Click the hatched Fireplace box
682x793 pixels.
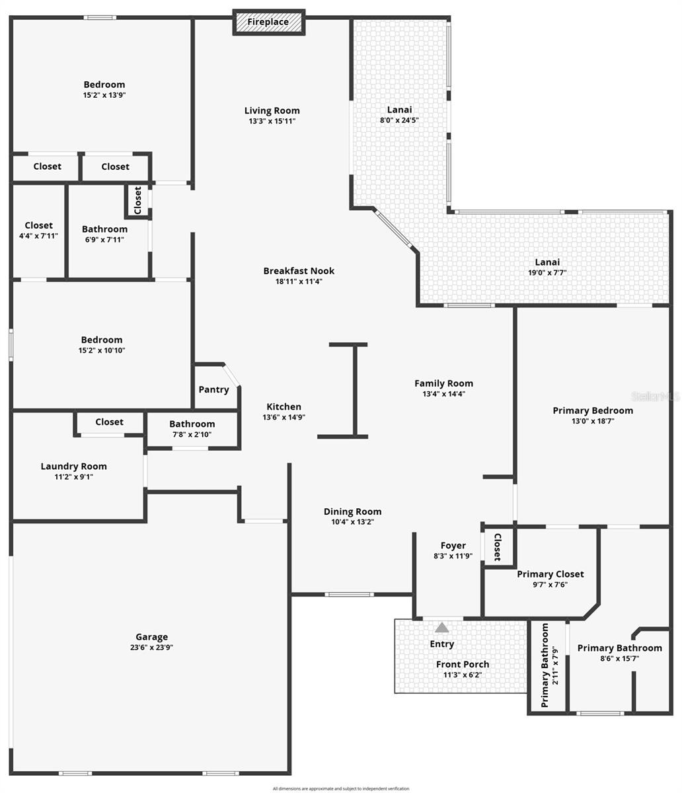[x=268, y=22]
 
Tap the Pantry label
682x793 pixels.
[x=213, y=389]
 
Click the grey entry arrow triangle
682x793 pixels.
[x=441, y=627]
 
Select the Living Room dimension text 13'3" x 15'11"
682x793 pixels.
[x=272, y=121]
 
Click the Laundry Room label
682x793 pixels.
[x=73, y=466]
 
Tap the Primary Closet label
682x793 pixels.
[x=550, y=574]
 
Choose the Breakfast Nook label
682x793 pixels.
[x=299, y=270]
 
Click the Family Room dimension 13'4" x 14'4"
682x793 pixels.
[x=443, y=394]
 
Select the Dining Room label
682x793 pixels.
[x=352, y=511]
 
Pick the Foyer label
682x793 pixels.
[x=453, y=545]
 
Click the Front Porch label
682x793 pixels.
[x=463, y=664]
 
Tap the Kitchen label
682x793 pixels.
[x=284, y=406]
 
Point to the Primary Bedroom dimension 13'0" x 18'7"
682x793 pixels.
[x=592, y=421]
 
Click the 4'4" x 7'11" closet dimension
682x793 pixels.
[x=39, y=236]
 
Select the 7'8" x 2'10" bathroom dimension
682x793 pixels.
[x=192, y=435]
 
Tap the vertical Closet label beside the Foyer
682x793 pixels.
[x=498, y=547]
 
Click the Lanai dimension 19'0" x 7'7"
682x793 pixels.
[x=547, y=272]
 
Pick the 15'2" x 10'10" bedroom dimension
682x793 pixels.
[x=102, y=350]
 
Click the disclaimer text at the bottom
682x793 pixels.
[x=341, y=788]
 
